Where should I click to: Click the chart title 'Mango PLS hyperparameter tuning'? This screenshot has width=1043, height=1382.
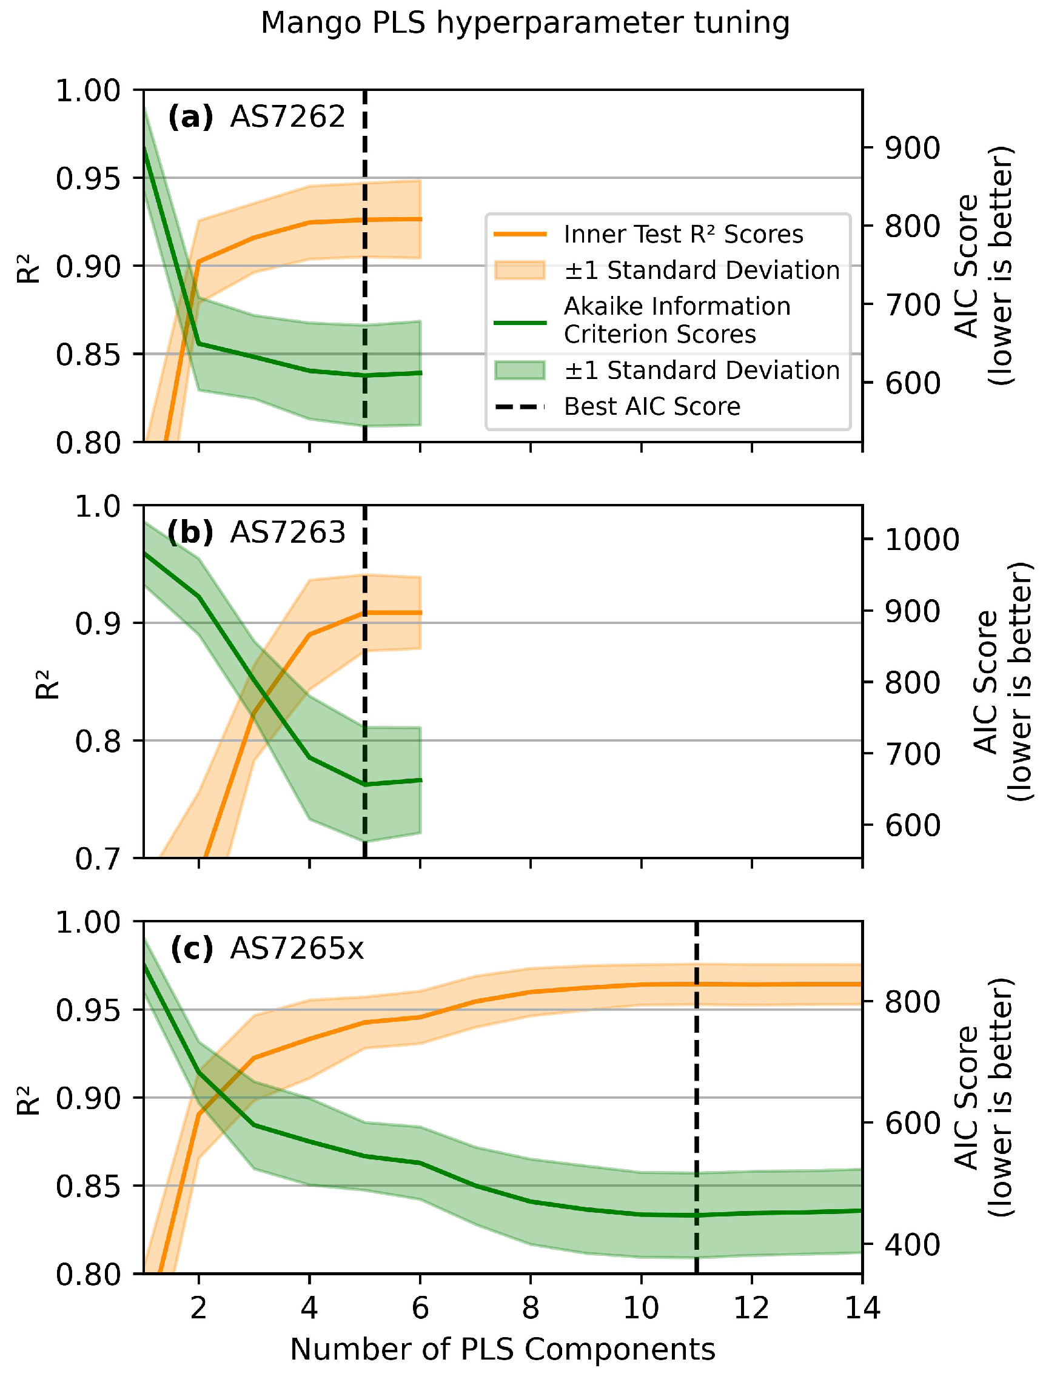pos(525,24)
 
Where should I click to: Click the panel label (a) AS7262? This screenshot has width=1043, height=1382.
pos(257,117)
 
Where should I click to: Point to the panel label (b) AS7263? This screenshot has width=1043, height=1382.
pos(257,532)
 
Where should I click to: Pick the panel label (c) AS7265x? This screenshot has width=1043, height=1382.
pos(266,948)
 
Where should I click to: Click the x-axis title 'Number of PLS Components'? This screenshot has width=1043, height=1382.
pos(503,1349)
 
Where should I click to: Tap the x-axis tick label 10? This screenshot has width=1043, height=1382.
pos(641,1307)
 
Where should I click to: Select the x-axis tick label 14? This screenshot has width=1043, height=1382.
pos(862,1307)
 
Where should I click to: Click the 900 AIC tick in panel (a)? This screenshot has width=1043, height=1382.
pos(912,149)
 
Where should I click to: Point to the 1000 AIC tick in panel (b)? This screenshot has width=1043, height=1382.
pos(921,539)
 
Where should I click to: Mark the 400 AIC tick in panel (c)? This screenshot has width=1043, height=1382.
pos(912,1245)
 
